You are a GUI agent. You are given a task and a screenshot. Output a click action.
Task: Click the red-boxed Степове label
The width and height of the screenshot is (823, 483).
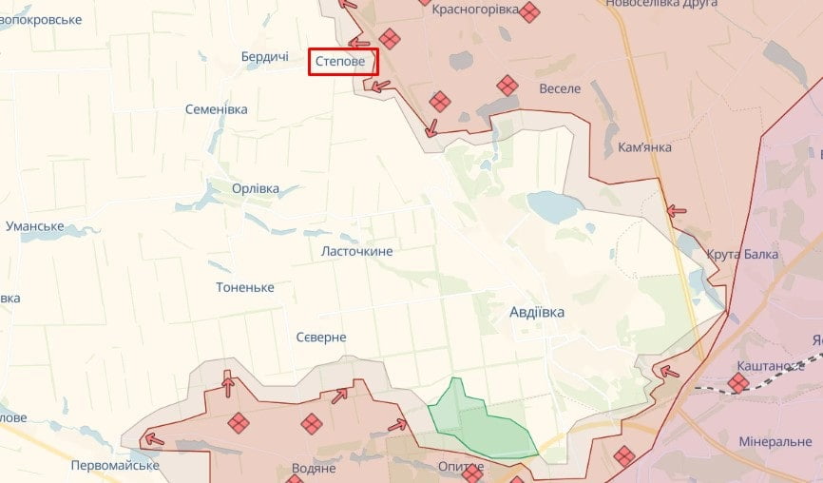point(342,62)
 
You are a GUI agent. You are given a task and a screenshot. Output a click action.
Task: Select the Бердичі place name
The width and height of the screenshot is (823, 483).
point(264,58)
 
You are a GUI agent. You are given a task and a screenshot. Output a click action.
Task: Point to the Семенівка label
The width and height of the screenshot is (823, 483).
point(216,109)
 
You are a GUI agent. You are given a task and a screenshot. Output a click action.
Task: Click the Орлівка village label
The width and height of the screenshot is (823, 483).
point(256,188)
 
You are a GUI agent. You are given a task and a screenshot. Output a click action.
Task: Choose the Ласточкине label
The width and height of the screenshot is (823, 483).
point(356,251)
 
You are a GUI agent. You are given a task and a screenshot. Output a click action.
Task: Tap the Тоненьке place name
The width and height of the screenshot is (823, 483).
point(245,287)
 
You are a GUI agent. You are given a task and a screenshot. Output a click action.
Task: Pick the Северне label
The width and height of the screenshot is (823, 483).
point(321,338)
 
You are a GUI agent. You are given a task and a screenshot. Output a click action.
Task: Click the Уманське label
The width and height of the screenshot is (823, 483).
point(34,226)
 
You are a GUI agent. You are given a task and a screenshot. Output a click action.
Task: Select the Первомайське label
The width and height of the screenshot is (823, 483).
point(115,465)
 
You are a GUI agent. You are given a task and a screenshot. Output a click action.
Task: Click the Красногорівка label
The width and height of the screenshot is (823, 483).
point(475,10)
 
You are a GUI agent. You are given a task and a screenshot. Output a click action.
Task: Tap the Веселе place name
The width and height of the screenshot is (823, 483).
point(559,88)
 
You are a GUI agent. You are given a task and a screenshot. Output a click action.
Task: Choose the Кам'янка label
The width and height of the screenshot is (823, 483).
point(644,147)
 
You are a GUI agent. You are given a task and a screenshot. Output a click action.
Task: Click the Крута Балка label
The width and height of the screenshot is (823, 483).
point(742,254)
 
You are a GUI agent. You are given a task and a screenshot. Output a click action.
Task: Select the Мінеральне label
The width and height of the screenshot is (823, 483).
point(775,442)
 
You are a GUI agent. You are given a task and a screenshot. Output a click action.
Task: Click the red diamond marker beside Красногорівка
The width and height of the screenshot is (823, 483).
point(529,12)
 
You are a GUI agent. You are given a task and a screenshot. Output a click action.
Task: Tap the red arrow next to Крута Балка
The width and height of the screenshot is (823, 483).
point(676,210)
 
